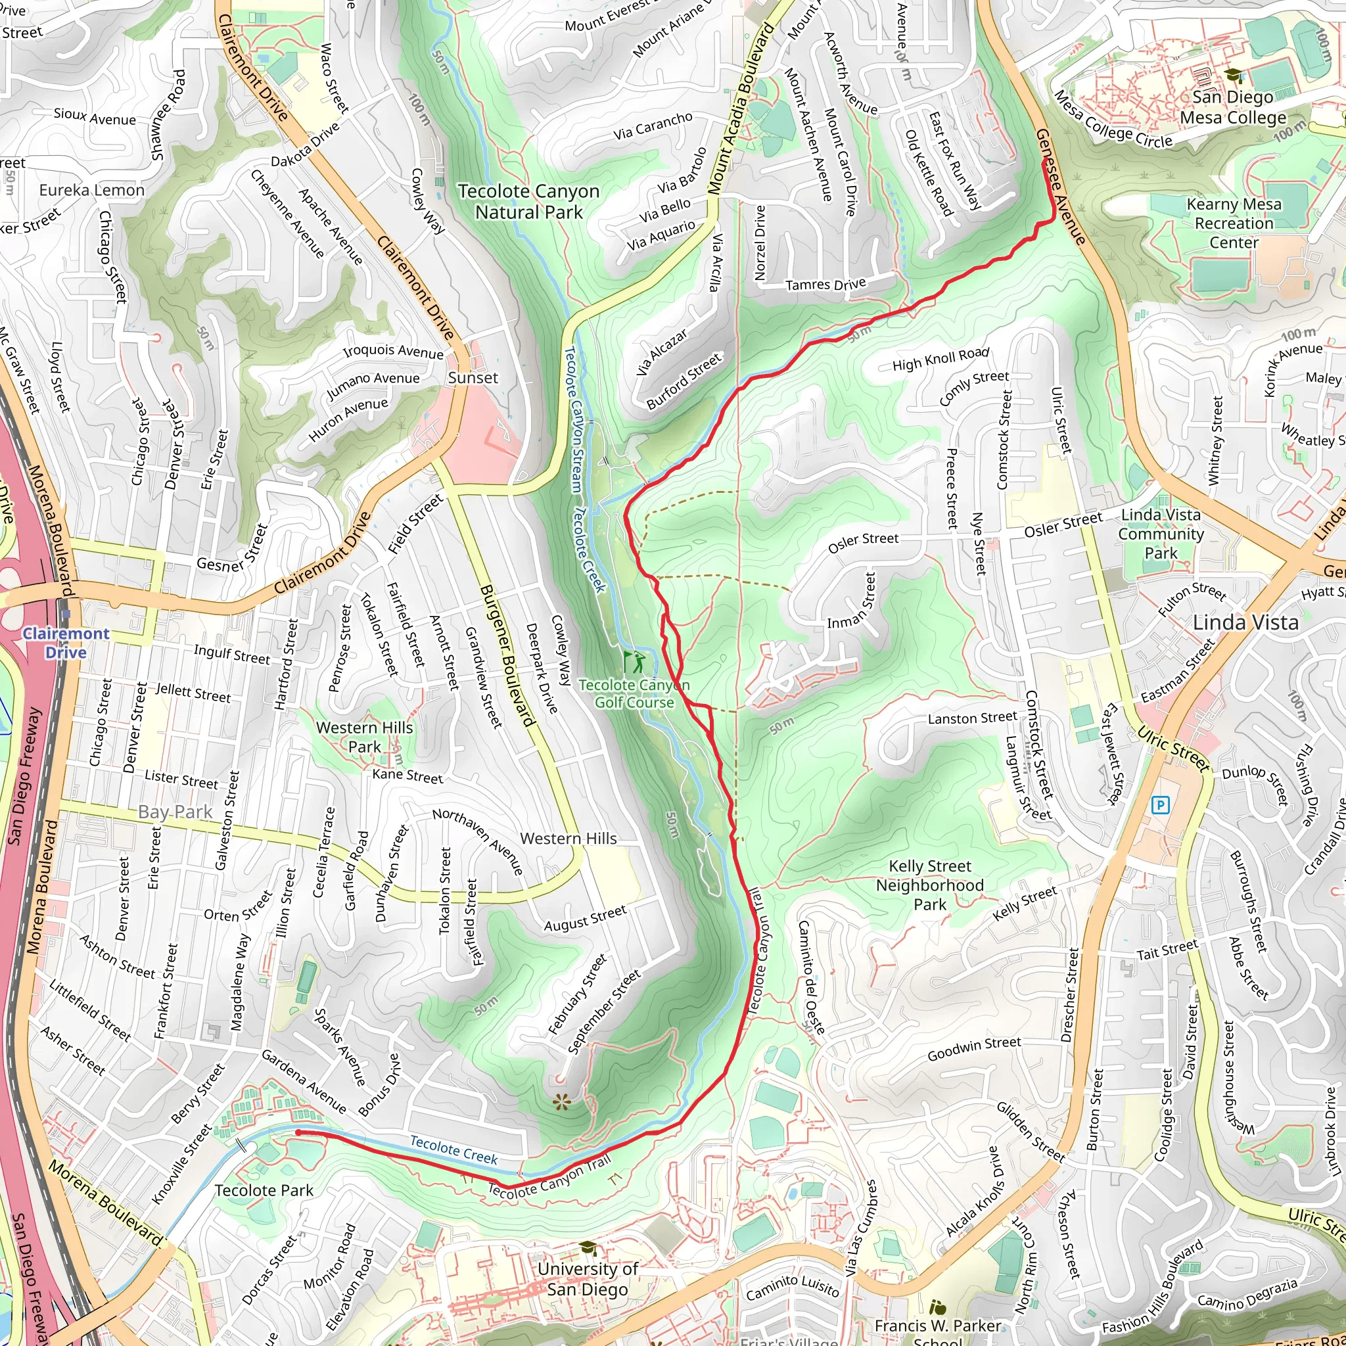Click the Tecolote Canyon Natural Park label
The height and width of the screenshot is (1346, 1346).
pyautogui.click(x=528, y=201)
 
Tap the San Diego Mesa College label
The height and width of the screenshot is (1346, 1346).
pyautogui.click(x=1232, y=107)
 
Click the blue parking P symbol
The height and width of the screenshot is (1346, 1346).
pyautogui.click(x=1160, y=805)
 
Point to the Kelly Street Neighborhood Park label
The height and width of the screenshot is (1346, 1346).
pyautogui.click(x=929, y=885)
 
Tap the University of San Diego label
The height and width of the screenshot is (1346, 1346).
pyautogui.click(x=588, y=1278)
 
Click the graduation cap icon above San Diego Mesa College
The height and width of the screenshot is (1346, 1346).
pyautogui.click(x=1232, y=75)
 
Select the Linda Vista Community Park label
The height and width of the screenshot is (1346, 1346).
pyautogui.click(x=1161, y=534)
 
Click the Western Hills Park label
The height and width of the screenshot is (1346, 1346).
pyautogui.click(x=364, y=737)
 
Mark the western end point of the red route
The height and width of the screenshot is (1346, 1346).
pyautogui.click(x=298, y=1133)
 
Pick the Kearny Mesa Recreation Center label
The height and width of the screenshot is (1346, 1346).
pyautogui.click(x=1233, y=223)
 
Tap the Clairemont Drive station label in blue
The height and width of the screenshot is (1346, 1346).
pyautogui.click(x=66, y=642)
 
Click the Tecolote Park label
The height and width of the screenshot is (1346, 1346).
pyautogui.click(x=264, y=1190)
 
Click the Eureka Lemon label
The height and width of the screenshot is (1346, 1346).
pyautogui.click(x=92, y=190)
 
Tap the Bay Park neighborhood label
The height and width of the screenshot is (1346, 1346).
pyautogui.click(x=175, y=812)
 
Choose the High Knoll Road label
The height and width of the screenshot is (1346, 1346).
pyautogui.click(x=940, y=359)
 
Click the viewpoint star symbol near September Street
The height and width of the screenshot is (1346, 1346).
pyautogui.click(x=561, y=1102)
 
